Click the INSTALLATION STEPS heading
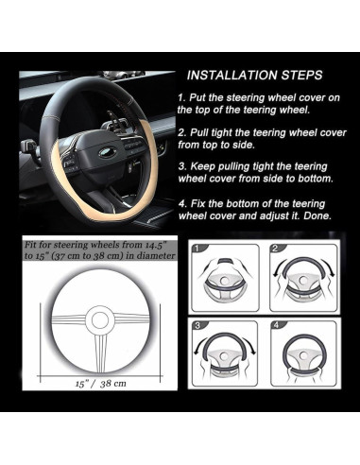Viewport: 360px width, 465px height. tap(254, 76)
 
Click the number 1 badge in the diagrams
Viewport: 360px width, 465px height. tap(197, 249)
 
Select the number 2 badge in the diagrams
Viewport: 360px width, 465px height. tap(275, 249)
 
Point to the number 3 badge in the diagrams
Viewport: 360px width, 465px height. tap(197, 325)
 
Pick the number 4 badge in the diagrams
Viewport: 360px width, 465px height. tap(277, 325)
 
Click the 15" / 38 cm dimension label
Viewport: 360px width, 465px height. tap(101, 384)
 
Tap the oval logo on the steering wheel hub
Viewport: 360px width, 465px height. tap(108, 152)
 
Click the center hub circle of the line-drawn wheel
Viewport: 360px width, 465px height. tap(100, 319)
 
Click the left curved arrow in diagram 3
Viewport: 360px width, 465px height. tap(199, 345)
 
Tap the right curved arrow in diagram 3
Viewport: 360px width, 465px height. tap(250, 345)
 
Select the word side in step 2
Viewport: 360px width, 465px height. tap(242, 145)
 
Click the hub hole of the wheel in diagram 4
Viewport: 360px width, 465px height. tap(303, 355)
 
